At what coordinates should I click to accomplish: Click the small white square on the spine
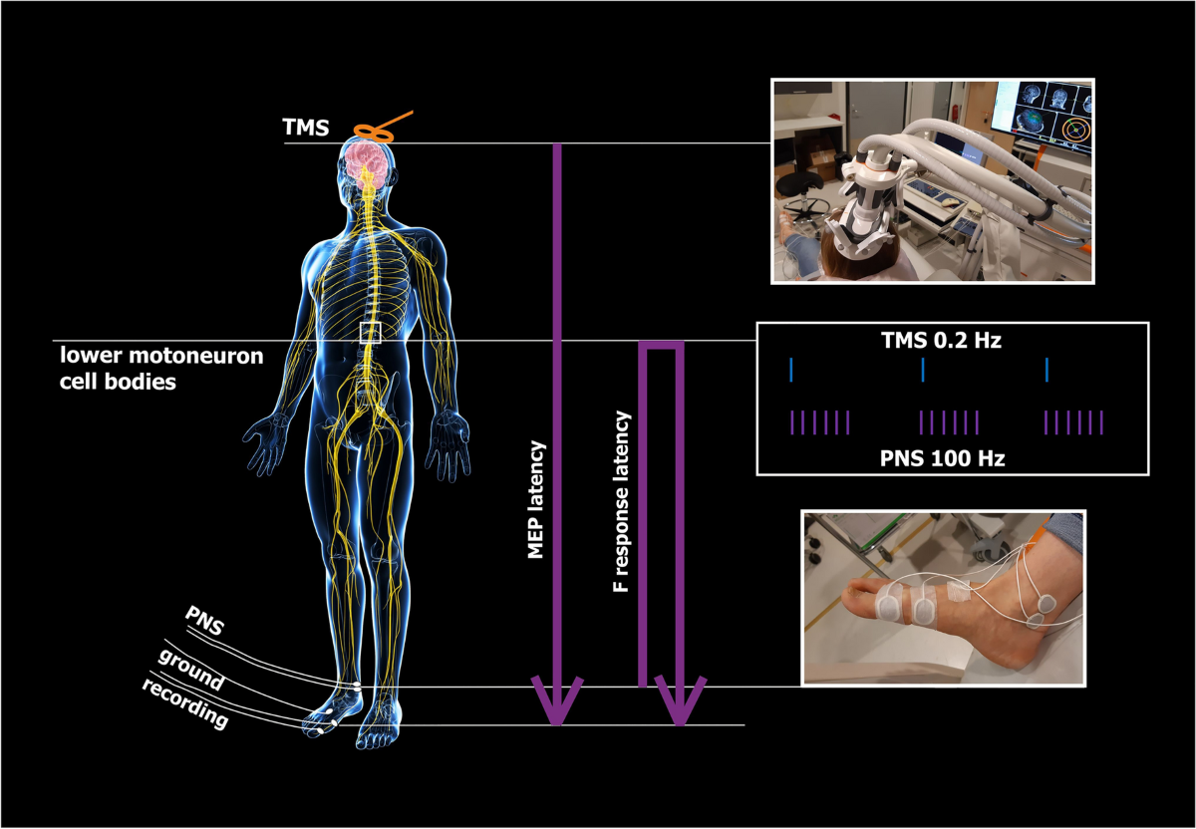[371, 333]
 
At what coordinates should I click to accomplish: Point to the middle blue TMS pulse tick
[924, 370]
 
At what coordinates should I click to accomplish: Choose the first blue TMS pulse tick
[790, 370]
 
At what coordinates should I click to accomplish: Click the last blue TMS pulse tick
[1046, 370]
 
